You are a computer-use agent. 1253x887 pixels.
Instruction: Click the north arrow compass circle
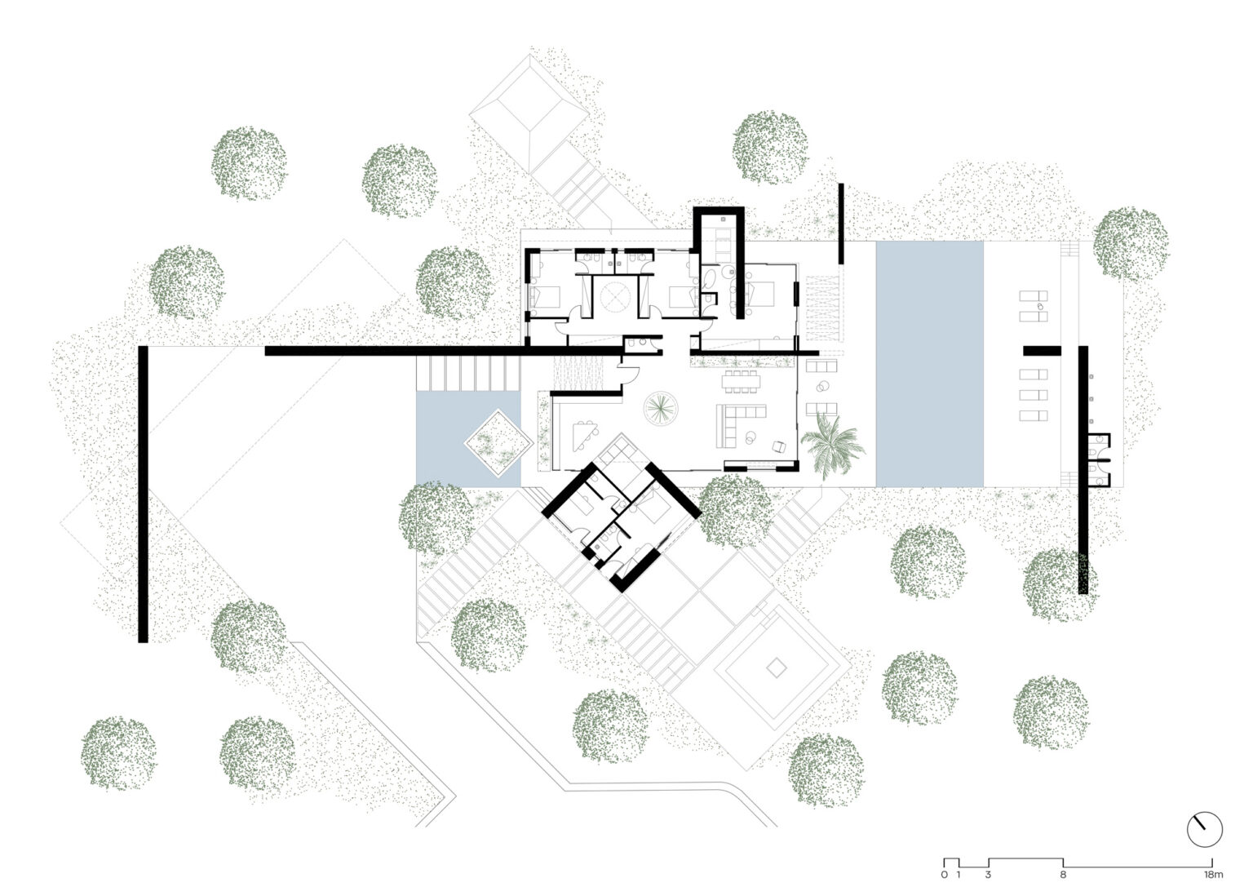pyautogui.click(x=1204, y=830)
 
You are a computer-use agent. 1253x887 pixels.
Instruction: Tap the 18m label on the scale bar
pyautogui.click(x=1212, y=875)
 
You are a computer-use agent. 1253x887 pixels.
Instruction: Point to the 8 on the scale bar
pyautogui.click(x=1064, y=875)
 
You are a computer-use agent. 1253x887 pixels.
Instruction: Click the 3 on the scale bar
pyautogui.click(x=989, y=875)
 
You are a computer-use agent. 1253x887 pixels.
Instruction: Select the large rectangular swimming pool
pyautogui.click(x=929, y=363)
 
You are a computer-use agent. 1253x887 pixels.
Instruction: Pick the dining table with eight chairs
pyautogui.click(x=741, y=381)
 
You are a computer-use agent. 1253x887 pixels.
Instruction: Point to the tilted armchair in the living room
pyautogui.click(x=778, y=447)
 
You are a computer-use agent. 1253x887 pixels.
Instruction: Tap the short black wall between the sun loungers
pyautogui.click(x=1042, y=351)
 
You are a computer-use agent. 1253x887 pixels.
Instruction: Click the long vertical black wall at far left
pyautogui.click(x=143, y=494)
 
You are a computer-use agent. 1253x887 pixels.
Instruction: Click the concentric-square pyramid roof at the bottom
pyautogui.click(x=776, y=668)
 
